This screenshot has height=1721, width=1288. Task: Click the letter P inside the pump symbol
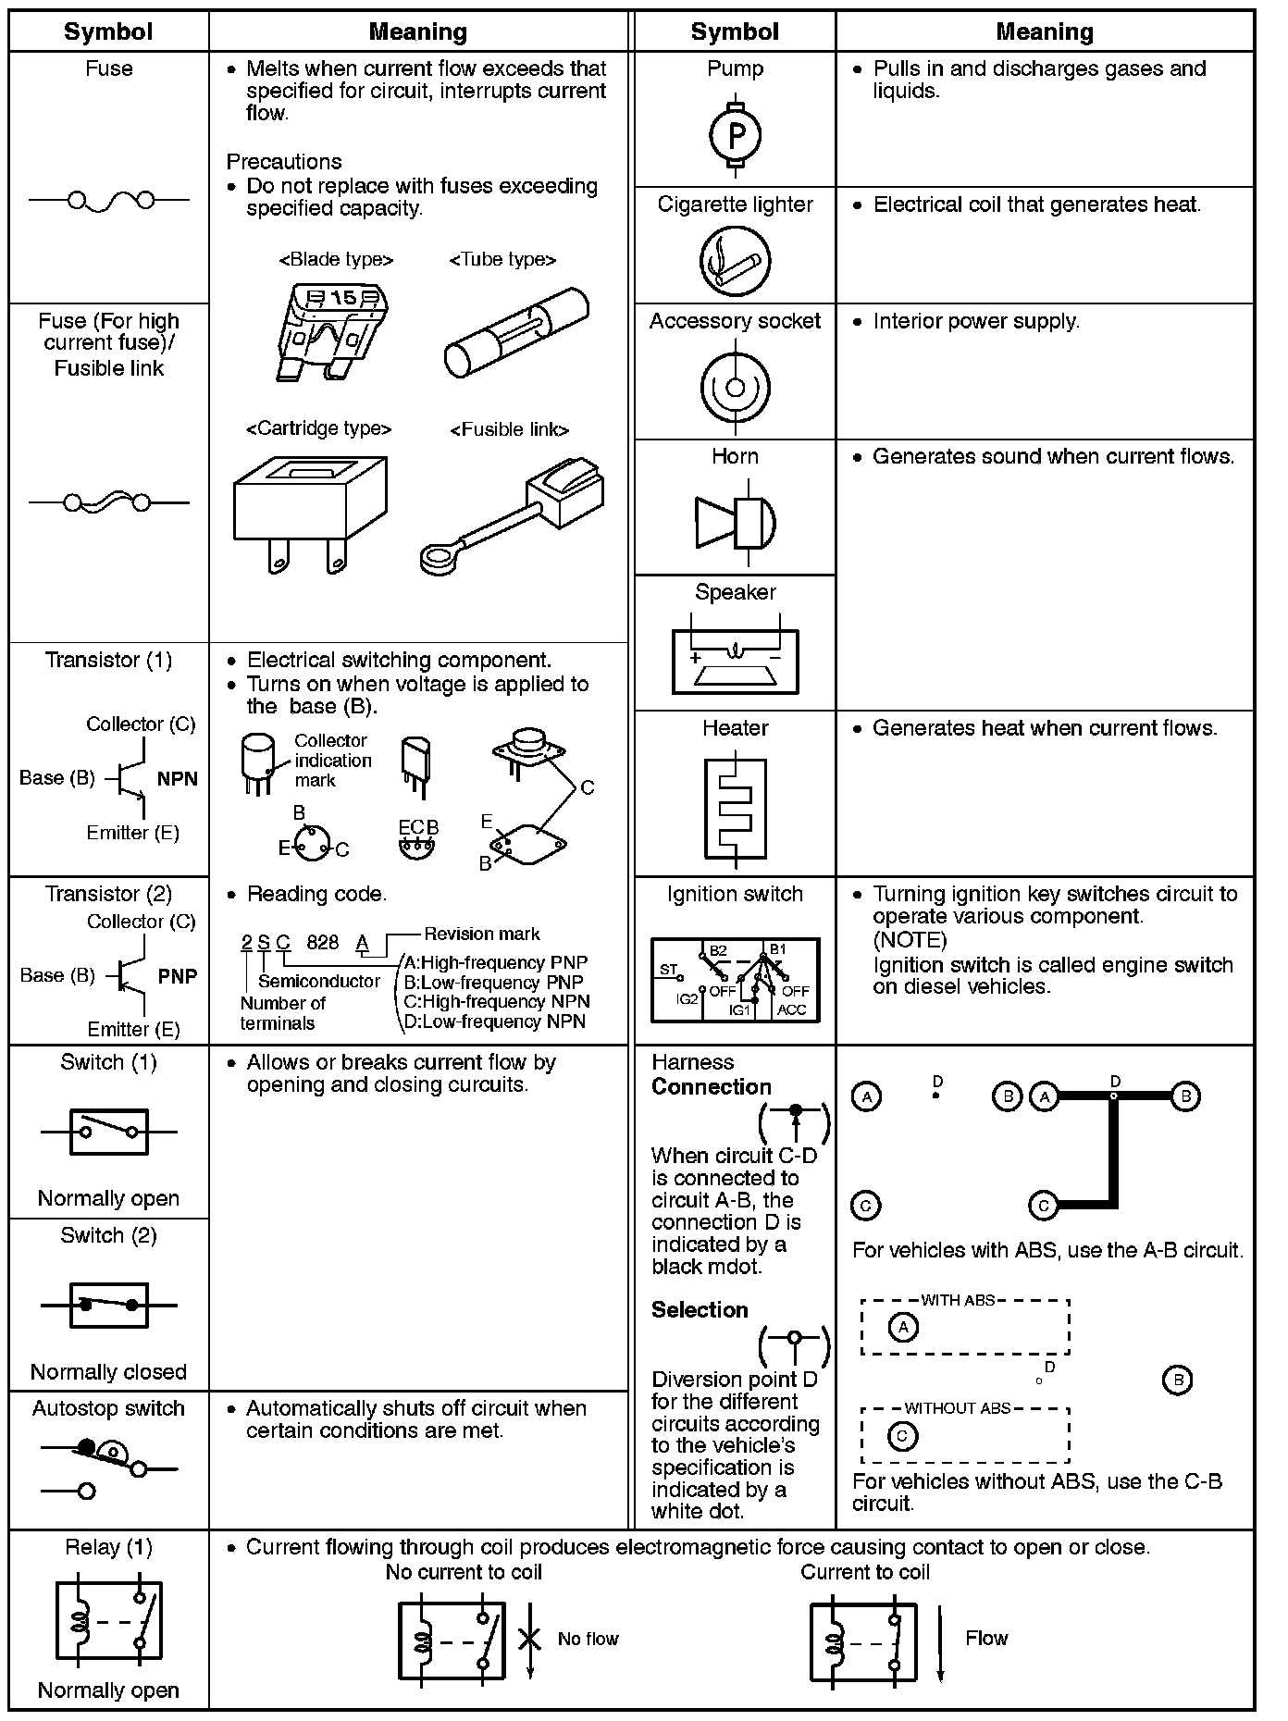pos(736,137)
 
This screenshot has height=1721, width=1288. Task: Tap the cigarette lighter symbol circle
pos(735,262)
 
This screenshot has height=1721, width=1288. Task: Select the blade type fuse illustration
pos(331,329)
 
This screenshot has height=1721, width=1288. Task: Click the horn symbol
pos(736,523)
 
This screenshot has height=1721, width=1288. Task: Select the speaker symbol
pos(736,661)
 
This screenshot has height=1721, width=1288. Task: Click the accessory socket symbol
pos(736,387)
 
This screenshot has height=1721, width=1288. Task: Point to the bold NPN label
pos(178,779)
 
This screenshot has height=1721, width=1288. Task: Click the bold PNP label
pos(178,976)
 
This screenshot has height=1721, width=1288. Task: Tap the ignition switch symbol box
pos(736,980)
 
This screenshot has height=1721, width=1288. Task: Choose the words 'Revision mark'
pos(482,934)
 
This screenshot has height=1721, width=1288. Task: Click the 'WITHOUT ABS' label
pos(958,1408)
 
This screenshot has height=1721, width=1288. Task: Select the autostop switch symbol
pos(109,1467)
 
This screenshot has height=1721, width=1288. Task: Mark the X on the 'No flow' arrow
pos(529,1639)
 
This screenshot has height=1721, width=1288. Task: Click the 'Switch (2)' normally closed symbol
pos(109,1305)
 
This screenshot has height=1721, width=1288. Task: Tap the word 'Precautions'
pos(284,162)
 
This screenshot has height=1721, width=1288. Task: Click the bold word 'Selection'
pos(700,1310)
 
